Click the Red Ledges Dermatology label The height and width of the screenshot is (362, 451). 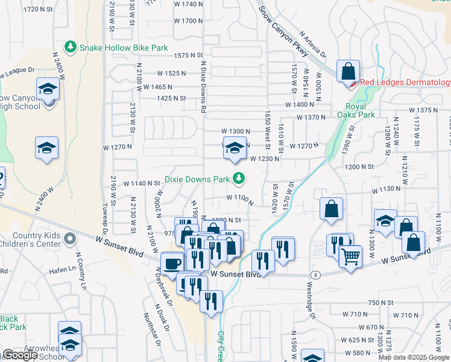(405, 83)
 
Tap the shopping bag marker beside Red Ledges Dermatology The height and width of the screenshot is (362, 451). (348, 72)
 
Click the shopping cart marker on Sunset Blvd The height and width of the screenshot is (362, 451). (350, 256)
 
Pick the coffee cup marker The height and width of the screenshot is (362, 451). (172, 263)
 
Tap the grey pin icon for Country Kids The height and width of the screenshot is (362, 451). (71, 240)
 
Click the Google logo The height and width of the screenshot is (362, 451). (20, 355)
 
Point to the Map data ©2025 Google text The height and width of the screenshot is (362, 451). (414, 357)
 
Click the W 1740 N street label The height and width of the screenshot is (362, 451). (188, 4)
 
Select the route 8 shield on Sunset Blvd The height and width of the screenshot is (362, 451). (315, 275)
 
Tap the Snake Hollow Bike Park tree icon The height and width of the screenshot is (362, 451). (71, 46)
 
